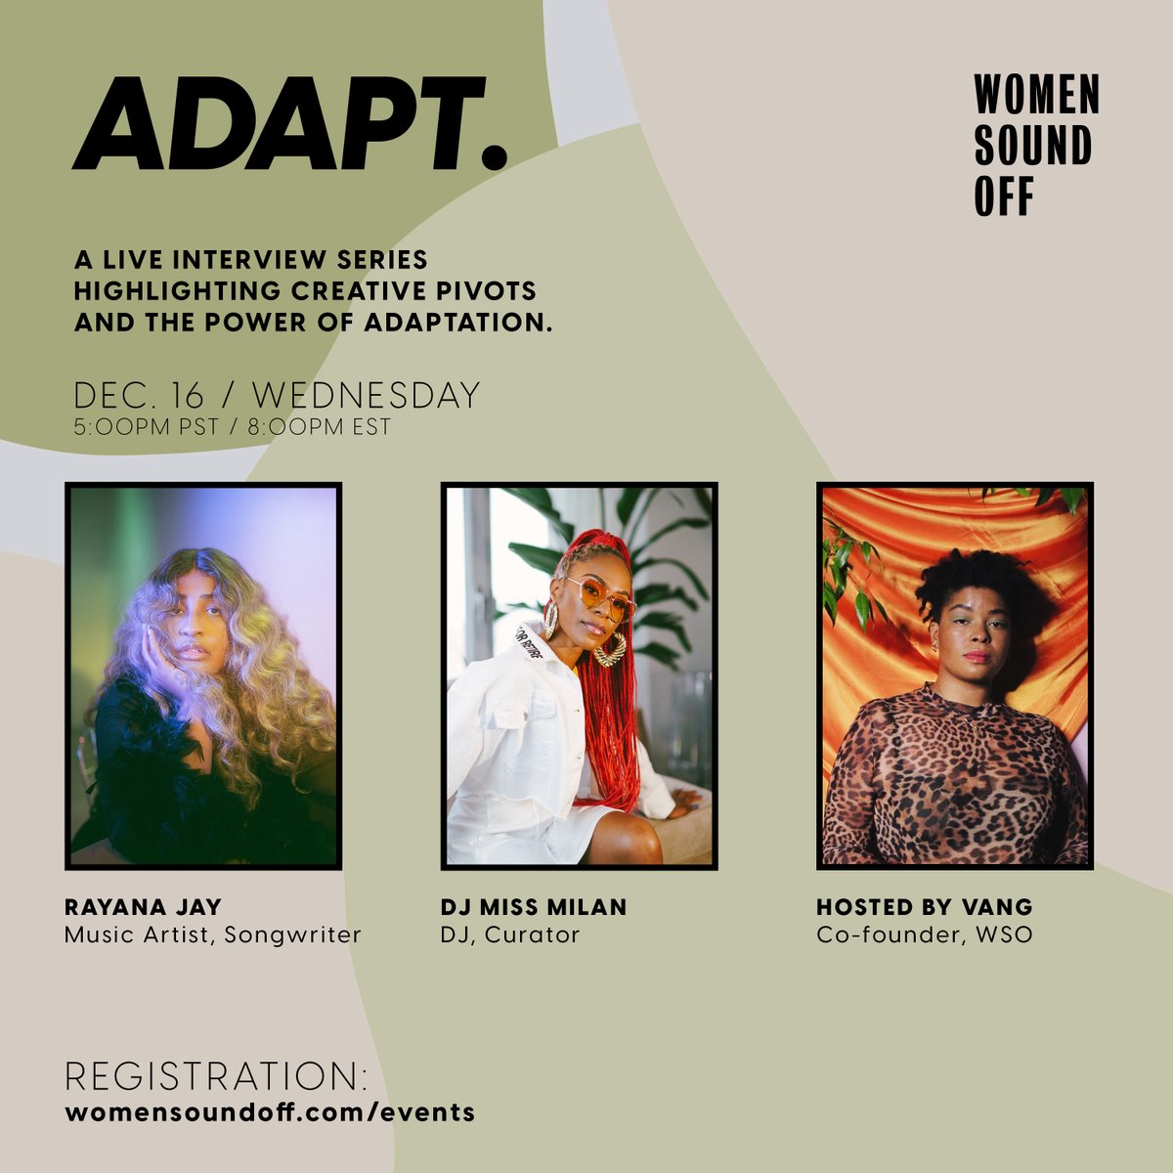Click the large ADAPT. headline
click(x=290, y=124)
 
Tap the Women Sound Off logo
click(x=1036, y=146)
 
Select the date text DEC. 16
click(x=140, y=396)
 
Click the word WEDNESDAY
click(x=367, y=396)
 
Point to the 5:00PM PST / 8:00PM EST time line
click(x=232, y=428)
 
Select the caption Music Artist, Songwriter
click(x=213, y=934)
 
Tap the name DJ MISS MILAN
click(x=534, y=907)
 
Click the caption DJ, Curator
click(x=510, y=934)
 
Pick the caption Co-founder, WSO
click(x=925, y=934)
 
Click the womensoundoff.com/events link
click(x=270, y=1112)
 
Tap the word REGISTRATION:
click(x=216, y=1076)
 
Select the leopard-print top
click(x=953, y=782)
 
